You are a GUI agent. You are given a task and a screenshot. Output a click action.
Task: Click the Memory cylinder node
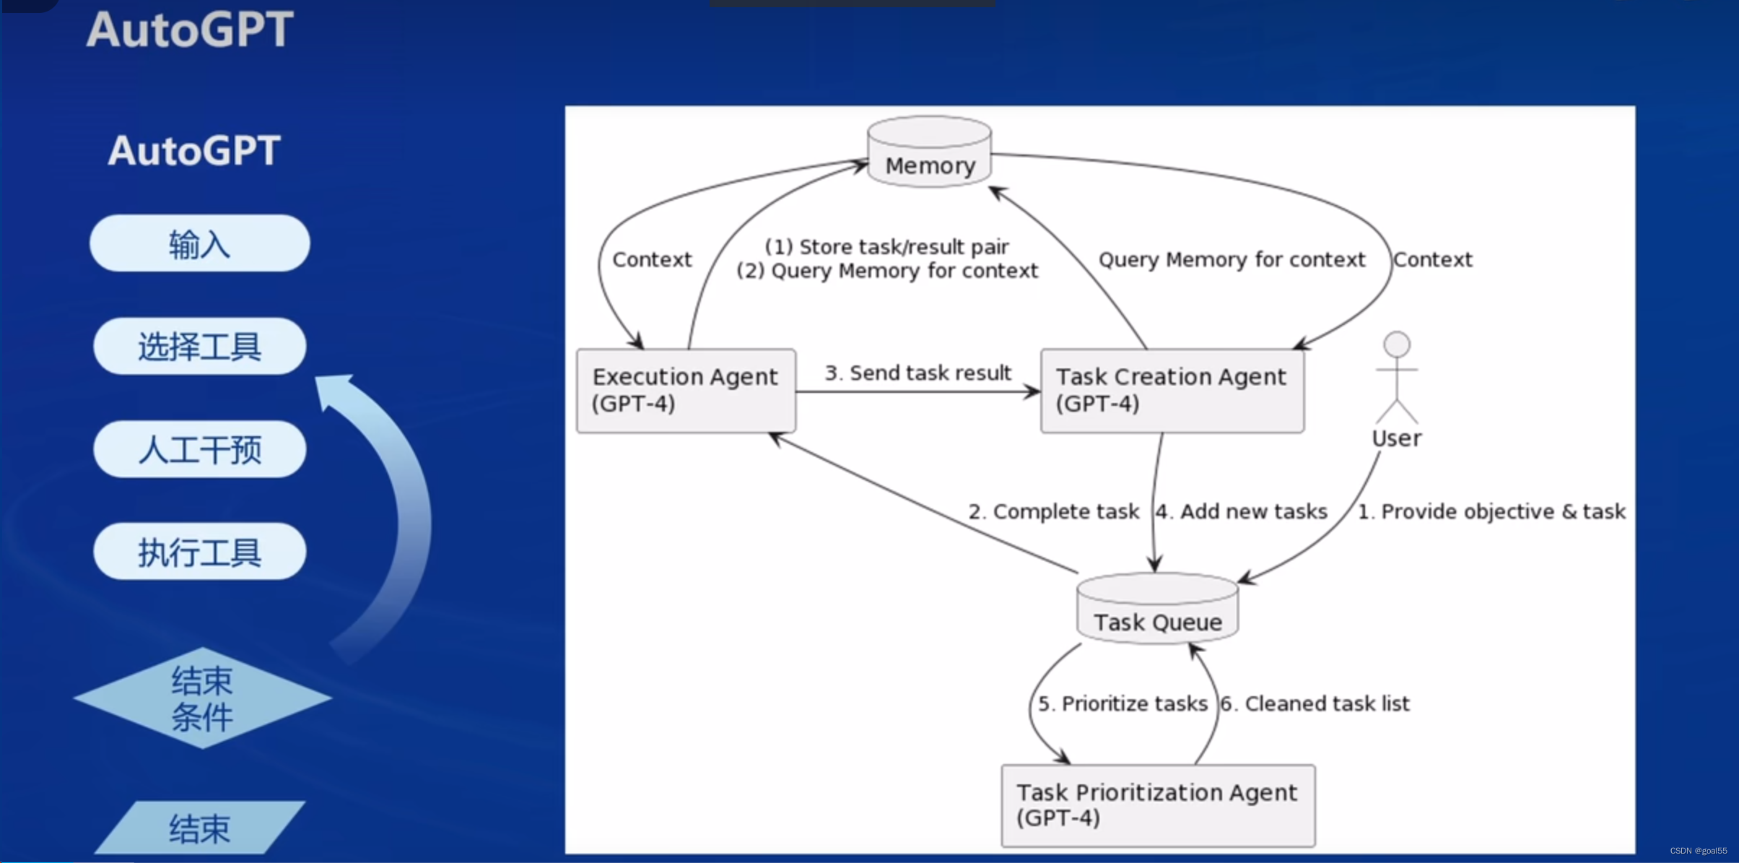[929, 153]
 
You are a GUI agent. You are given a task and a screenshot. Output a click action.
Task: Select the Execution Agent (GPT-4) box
[686, 391]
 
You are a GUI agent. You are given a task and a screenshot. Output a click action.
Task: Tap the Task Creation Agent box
[1172, 391]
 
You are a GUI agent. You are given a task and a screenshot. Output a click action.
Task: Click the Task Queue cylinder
[1157, 610]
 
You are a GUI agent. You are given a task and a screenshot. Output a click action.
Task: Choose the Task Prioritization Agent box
[1158, 805]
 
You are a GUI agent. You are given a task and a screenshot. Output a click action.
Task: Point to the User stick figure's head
[1397, 344]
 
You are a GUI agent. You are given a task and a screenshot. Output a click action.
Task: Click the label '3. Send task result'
[918, 373]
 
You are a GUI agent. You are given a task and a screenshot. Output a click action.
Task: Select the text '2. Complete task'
[1053, 512]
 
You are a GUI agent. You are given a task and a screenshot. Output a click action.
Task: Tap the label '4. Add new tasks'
[1242, 512]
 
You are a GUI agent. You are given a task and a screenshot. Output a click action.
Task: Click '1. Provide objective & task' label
[1491, 512]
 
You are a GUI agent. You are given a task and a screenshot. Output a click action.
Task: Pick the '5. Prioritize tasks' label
[1123, 704]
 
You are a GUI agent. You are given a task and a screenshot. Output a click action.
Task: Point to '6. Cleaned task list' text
[1315, 704]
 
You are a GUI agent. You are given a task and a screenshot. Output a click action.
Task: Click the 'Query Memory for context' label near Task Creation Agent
[1232, 260]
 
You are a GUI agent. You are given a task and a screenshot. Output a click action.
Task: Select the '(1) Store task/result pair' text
[886, 247]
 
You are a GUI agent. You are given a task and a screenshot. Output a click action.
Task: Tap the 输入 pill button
[200, 243]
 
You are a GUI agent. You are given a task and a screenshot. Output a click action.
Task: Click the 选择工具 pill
[200, 347]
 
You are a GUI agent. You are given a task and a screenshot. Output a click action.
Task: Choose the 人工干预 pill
[200, 450]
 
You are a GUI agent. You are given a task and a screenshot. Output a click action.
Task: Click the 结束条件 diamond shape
[202, 698]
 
